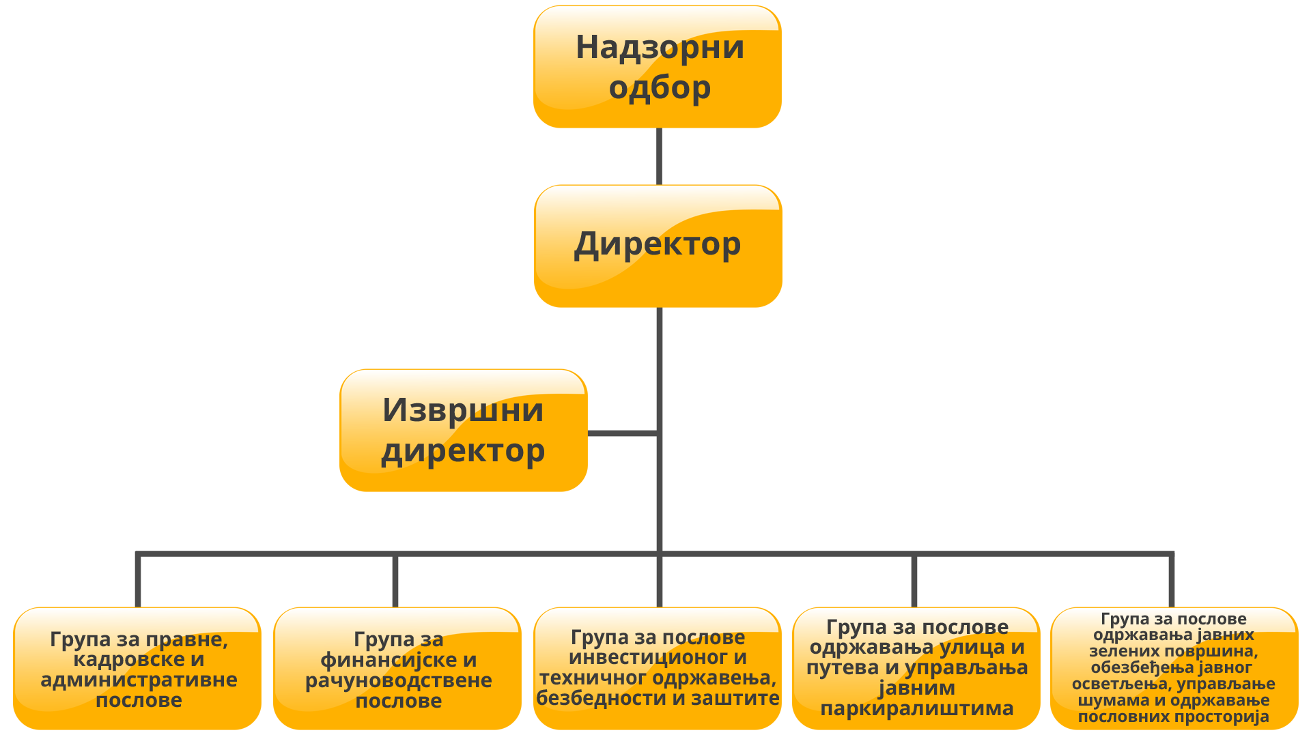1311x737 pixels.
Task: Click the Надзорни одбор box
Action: click(657, 67)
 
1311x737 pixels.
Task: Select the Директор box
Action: click(657, 246)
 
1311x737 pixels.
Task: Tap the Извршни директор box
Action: click(464, 431)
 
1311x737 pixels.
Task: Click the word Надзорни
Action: click(660, 47)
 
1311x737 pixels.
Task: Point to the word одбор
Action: click(660, 87)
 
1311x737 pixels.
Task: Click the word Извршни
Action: click(463, 410)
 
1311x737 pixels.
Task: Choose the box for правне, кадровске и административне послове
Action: click(137, 669)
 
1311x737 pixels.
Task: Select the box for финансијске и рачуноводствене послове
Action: click(397, 669)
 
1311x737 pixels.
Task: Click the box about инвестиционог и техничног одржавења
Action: click(657, 669)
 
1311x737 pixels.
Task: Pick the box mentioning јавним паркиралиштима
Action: click(916, 669)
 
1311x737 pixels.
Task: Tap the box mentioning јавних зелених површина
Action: click(1174, 669)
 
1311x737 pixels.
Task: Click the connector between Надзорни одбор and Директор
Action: click(659, 156)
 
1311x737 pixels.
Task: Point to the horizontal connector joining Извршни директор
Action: click(621, 433)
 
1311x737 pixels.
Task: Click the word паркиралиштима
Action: click(916, 709)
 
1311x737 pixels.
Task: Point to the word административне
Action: click(139, 680)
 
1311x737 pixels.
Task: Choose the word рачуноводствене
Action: click(398, 680)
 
